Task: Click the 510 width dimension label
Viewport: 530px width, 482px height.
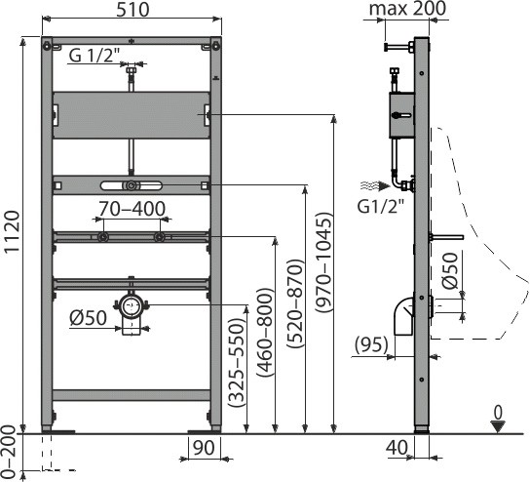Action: (x=132, y=10)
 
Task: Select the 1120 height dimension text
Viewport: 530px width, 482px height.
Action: (x=13, y=231)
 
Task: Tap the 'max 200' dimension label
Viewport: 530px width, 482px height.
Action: (x=407, y=9)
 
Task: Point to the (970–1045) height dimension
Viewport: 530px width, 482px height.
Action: (x=322, y=262)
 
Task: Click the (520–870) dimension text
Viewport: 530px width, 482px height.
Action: (x=294, y=303)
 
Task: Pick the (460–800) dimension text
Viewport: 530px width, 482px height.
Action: (x=265, y=333)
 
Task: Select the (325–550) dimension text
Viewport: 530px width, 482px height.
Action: (x=236, y=363)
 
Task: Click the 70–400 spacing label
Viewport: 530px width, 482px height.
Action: (x=132, y=209)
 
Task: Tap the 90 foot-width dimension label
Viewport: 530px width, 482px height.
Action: (x=204, y=448)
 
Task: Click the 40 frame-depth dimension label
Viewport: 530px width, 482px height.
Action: (x=397, y=448)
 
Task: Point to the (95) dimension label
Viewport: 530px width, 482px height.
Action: (x=371, y=344)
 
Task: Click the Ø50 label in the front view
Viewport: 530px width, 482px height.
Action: (x=89, y=318)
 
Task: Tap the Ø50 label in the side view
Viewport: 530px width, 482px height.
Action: (x=450, y=270)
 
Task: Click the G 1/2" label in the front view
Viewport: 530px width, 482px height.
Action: (x=95, y=56)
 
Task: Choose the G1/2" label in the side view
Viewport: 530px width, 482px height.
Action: (x=381, y=206)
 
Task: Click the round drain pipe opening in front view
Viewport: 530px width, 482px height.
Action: (x=131, y=305)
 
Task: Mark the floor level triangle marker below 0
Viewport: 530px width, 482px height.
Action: (x=498, y=426)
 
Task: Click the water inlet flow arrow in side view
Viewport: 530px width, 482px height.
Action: (x=375, y=185)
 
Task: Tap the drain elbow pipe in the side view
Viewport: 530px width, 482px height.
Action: (x=404, y=316)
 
